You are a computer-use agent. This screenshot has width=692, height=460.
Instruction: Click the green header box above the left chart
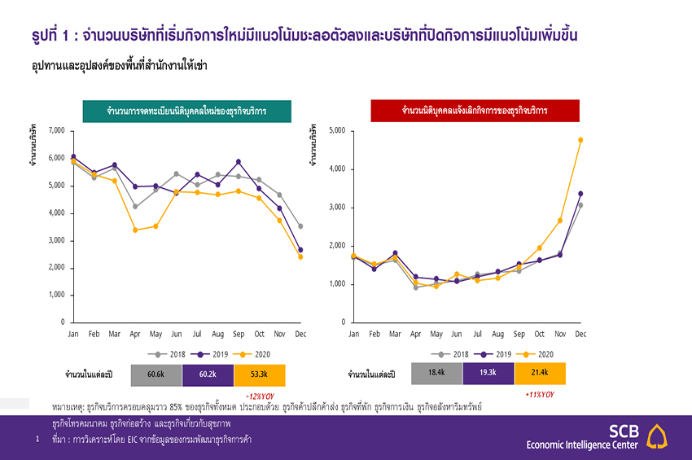[x=186, y=111]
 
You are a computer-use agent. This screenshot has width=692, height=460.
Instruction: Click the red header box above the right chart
[x=475, y=111]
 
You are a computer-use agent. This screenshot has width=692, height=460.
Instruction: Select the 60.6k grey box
[x=156, y=375]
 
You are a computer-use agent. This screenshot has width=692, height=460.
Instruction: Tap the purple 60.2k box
[x=208, y=375]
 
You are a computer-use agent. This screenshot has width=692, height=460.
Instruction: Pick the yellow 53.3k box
[x=260, y=375]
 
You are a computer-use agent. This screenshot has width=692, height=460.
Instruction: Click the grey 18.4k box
[x=437, y=374]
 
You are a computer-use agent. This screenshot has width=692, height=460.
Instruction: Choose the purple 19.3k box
[x=488, y=374]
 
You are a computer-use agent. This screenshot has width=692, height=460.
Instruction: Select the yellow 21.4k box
[x=540, y=374]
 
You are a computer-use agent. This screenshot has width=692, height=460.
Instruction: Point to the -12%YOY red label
[x=259, y=395]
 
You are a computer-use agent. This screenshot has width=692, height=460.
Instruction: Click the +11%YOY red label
[x=541, y=394]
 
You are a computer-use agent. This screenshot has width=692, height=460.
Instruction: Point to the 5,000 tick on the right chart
[x=336, y=130]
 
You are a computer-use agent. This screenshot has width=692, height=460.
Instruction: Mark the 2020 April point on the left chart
[x=135, y=230]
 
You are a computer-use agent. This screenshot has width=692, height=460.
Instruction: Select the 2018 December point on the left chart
[x=300, y=226]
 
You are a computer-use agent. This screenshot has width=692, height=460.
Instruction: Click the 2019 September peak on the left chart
[x=239, y=161]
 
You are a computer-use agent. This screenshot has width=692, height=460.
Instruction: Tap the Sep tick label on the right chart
[x=519, y=334]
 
